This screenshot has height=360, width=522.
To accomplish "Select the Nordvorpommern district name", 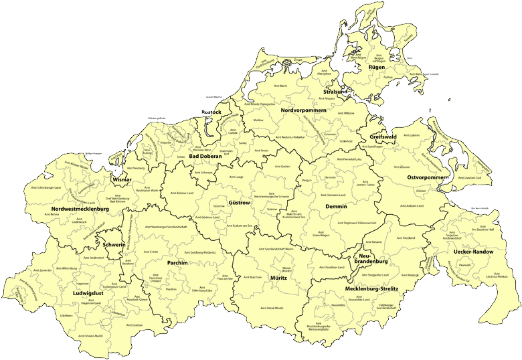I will pyautogui.click(x=303, y=110).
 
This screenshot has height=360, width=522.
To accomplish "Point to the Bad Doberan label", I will pyautogui.click(x=205, y=157).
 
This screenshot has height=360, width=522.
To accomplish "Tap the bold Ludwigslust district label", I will pyautogui.click(x=88, y=293).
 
